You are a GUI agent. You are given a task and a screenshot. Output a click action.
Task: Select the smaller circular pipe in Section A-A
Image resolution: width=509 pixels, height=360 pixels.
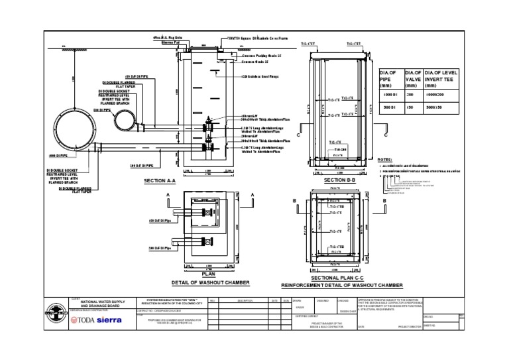coord(124,121)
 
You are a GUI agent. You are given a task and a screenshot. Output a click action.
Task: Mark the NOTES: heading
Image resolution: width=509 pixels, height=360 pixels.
coord(384,160)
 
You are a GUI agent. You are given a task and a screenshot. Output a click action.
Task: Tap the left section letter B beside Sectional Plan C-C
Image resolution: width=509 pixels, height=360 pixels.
coord(294,199)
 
